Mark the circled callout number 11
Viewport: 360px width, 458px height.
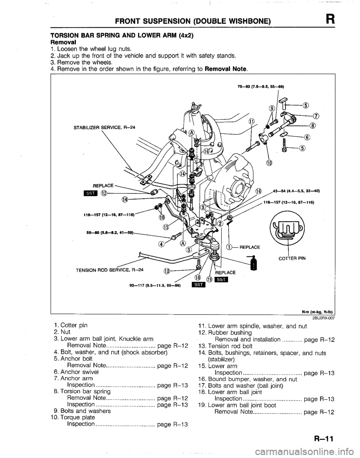pyautogui.click(x=252, y=121)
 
